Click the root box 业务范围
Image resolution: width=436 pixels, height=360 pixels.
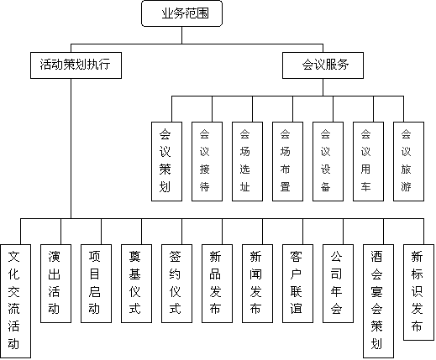181,13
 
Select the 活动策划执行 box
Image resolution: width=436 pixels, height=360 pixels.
76,65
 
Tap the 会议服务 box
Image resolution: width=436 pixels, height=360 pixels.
323,65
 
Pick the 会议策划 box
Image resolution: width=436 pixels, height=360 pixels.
166,161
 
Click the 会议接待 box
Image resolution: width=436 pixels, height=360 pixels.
207,161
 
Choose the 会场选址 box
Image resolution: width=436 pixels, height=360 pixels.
247,161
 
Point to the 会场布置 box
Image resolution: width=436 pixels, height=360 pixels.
287,161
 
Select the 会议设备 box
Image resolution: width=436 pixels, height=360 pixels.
328,161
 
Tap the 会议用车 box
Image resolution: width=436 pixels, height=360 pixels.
368,161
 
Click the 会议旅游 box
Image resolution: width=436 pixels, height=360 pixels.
408,161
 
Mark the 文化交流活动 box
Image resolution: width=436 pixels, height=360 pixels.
15,301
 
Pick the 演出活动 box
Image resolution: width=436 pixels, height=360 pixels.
55,284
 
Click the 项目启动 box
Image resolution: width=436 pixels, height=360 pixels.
96,284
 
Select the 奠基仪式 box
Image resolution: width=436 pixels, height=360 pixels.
136,284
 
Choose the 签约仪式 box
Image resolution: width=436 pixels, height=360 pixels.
176,284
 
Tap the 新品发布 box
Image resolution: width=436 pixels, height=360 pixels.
217,284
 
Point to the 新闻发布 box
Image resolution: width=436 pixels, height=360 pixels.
257,284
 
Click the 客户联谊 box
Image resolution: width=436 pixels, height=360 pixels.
297,284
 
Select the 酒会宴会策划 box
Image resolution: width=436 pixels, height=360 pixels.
378,301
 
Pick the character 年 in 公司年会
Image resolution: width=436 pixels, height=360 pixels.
336,291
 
